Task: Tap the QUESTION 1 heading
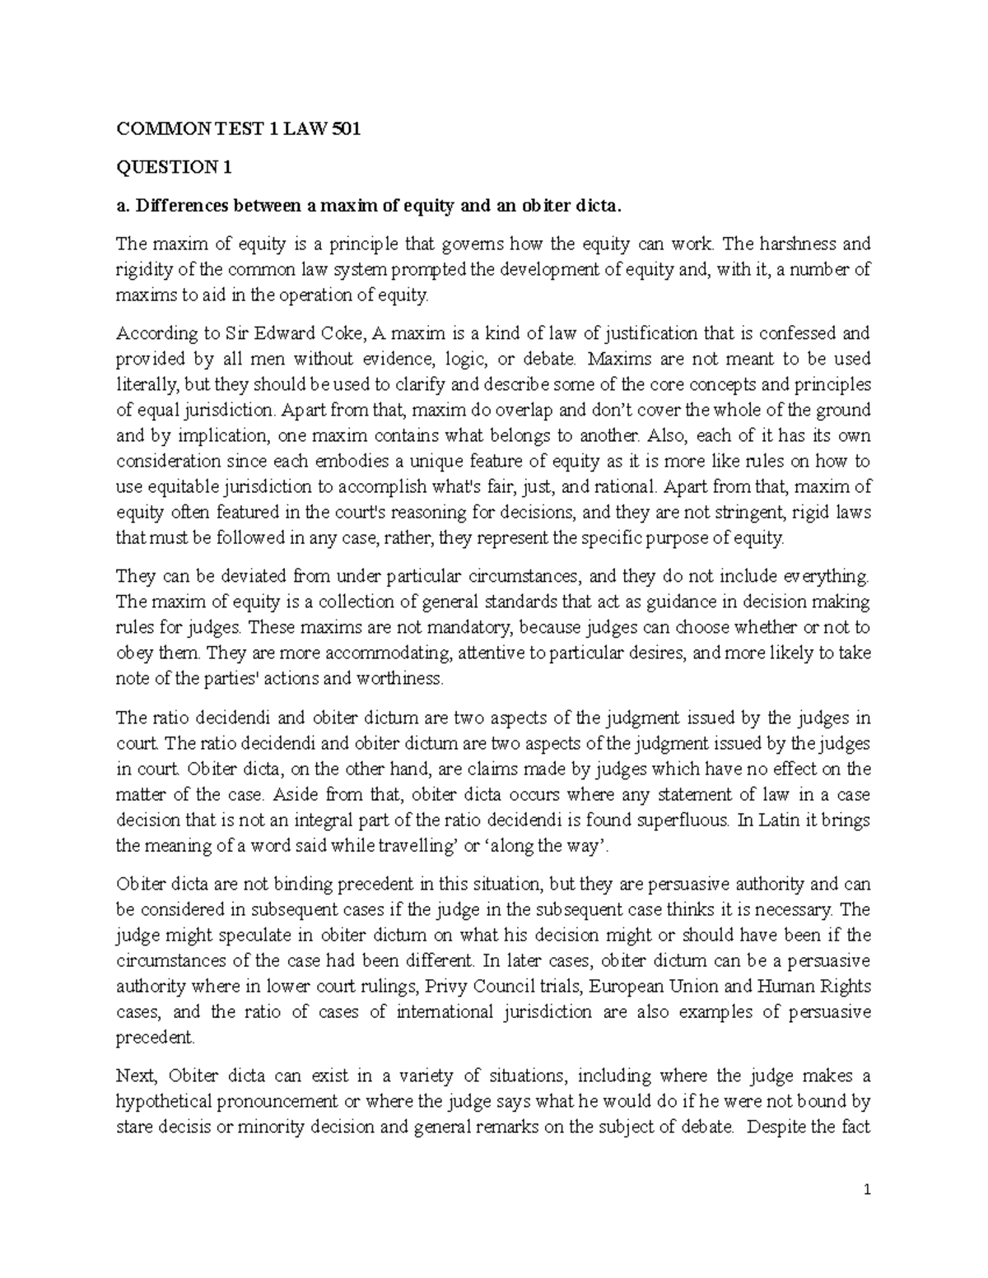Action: click(x=174, y=168)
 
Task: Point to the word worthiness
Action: click(x=398, y=679)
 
